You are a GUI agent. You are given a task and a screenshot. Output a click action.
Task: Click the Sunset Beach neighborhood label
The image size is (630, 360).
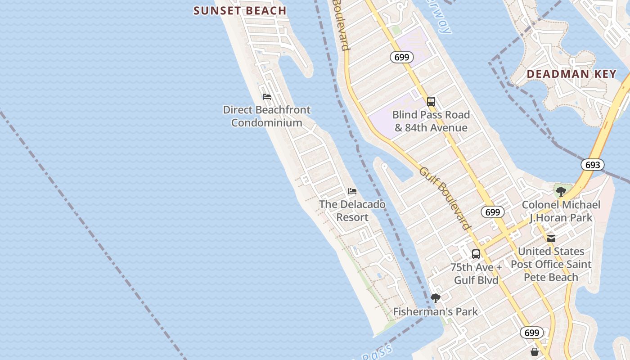pos(240,10)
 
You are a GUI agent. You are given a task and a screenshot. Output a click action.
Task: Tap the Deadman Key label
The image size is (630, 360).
pos(571,74)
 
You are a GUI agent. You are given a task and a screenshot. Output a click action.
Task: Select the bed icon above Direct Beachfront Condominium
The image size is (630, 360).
pos(267,97)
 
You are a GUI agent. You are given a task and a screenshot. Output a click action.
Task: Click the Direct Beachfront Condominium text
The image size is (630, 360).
pos(267,116)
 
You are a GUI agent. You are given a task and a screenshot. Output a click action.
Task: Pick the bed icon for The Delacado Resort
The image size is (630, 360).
pos(352,192)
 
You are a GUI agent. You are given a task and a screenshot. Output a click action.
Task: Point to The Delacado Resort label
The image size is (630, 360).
pos(352,211)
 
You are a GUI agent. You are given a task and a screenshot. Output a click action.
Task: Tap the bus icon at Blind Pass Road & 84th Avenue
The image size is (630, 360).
pos(431,102)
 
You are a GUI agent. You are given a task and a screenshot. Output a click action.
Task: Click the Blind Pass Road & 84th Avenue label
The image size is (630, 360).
pos(431,121)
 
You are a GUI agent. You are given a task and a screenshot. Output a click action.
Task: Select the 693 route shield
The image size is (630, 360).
pos(593,165)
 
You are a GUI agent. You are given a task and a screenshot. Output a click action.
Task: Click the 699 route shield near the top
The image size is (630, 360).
pos(402,57)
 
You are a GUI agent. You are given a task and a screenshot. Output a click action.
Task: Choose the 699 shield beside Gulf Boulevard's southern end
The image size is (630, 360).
pos(493,212)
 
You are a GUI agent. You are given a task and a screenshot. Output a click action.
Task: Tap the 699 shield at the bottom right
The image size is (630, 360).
pos(532,333)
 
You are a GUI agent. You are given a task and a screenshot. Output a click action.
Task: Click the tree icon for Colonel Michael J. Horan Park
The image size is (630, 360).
pos(561,192)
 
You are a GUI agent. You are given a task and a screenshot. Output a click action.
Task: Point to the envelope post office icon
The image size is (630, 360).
pos(551,238)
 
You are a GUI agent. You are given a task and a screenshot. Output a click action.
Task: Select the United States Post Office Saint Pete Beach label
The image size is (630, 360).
pos(551,264)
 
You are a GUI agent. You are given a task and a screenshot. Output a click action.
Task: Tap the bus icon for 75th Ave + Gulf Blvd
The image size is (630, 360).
pos(476,254)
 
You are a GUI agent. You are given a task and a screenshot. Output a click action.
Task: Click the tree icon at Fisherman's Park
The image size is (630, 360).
pos(435,298)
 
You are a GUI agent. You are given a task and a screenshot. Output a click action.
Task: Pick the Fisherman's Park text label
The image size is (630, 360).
pos(436,311)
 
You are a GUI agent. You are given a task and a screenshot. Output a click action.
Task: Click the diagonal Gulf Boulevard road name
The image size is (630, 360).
pos(445,198)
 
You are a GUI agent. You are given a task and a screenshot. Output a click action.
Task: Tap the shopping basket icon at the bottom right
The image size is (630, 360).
pos(535,351)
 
